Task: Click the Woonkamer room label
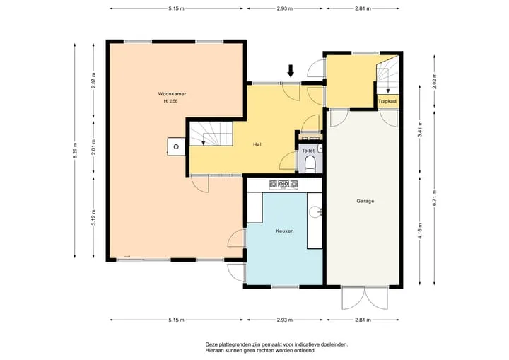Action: [x=172, y=94]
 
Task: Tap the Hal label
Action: [x=257, y=144]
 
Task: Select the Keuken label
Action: [x=285, y=231]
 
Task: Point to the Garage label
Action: [x=365, y=201]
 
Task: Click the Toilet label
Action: [x=308, y=151]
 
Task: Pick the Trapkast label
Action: [x=387, y=101]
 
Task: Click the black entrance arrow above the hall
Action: [x=291, y=71]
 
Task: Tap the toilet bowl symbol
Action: [x=310, y=164]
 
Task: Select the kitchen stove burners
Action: [x=283, y=184]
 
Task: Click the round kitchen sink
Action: [x=315, y=212]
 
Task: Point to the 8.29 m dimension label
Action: [x=75, y=151]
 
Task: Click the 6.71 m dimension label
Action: [x=435, y=198]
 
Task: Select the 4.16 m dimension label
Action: [x=420, y=231]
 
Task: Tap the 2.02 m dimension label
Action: [x=435, y=81]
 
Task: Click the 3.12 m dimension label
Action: [x=93, y=218]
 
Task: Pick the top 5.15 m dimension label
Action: [x=176, y=8]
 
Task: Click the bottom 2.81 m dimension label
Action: [x=363, y=320]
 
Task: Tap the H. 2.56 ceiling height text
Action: [x=170, y=101]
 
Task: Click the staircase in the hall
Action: [x=211, y=134]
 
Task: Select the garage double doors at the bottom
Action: [x=365, y=298]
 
